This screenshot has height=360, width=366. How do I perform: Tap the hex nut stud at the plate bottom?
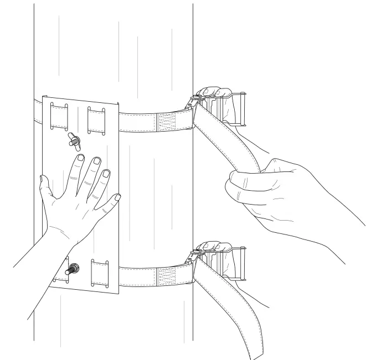coord(72,270)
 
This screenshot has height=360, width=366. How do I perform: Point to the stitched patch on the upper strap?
coord(166,122)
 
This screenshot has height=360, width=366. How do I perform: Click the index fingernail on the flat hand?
coord(80,159)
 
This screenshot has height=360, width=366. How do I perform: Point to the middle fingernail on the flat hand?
coord(96,161)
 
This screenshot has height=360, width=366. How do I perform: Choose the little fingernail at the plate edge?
coord(117,197)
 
